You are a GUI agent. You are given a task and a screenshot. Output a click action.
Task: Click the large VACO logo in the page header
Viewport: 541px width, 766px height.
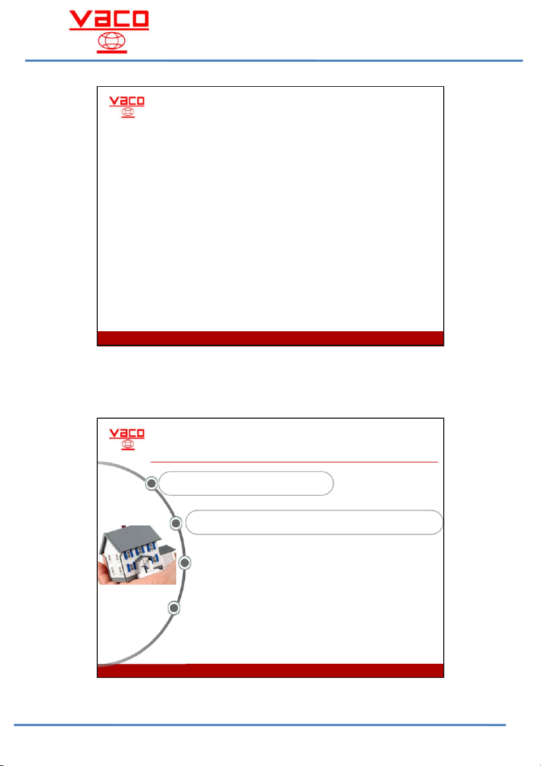[109, 32]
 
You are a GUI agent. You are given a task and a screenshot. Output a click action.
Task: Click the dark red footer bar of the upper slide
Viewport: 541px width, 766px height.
[270, 338]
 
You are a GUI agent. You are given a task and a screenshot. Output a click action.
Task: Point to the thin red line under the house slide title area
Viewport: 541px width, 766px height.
[294, 461]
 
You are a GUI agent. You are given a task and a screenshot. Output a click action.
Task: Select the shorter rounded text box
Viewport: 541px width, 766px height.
[246, 484]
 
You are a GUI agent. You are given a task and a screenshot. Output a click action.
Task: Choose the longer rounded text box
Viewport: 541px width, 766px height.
[314, 522]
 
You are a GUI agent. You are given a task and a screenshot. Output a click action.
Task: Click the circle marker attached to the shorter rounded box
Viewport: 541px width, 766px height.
[152, 484]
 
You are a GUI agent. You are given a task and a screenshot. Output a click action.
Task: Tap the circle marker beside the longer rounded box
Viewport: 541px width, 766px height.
[176, 523]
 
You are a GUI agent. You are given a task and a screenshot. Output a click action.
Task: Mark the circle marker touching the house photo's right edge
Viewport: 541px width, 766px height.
[184, 563]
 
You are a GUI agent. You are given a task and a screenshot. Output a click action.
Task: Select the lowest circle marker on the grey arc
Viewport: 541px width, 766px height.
[174, 608]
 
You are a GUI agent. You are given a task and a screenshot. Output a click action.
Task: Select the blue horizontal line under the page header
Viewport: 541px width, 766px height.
[274, 60]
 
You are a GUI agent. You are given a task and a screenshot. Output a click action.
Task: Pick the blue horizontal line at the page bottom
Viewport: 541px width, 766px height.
[259, 725]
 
